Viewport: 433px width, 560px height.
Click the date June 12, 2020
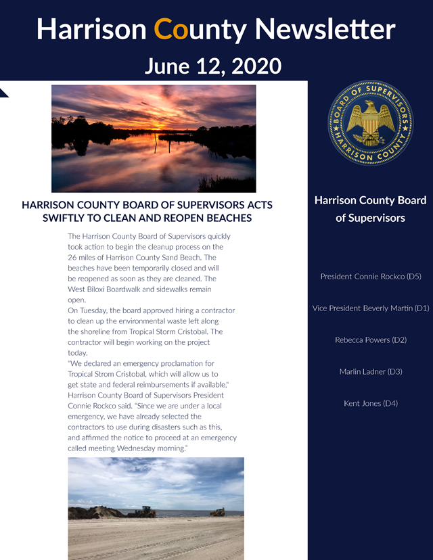tap(212, 66)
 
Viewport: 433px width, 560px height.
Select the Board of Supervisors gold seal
tap(370, 122)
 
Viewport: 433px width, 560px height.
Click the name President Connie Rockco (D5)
tap(370, 277)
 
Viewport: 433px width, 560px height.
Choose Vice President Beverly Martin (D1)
tap(370, 308)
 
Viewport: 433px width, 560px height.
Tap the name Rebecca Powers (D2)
tap(370, 340)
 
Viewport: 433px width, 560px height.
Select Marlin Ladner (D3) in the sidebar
tap(370, 372)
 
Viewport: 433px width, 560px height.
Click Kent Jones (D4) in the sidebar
tap(370, 404)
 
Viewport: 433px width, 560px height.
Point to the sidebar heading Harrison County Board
tap(370, 200)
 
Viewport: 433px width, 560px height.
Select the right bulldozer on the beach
tap(218, 512)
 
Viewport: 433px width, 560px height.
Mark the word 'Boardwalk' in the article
tap(133, 289)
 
